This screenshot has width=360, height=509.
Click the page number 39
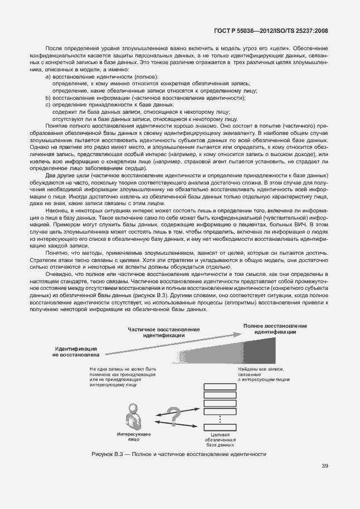pos(324,466)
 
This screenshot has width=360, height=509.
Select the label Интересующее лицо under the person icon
pos(132,437)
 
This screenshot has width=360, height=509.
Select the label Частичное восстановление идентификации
pos(163,333)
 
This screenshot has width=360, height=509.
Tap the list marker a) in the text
pos(48,76)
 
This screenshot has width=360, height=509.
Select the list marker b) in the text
pos(48,98)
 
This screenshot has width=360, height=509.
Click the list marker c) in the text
pos(48,104)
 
